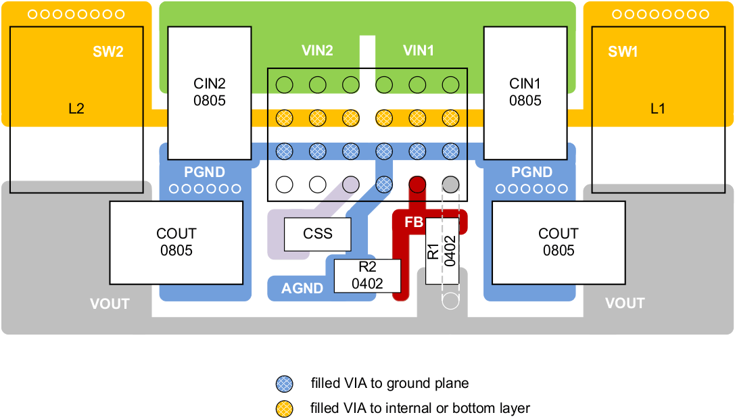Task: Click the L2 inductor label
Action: click(76, 108)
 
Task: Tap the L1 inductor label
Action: click(657, 108)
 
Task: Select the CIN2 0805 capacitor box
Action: click(209, 93)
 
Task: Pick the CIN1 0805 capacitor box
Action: click(525, 93)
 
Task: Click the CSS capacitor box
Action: click(318, 234)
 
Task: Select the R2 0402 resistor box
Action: click(368, 276)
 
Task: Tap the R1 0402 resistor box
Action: click(442, 251)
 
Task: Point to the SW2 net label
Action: click(108, 52)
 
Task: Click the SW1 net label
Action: click(623, 52)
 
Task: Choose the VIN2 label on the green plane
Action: click(317, 51)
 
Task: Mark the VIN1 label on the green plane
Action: click(418, 51)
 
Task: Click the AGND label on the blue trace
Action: click(302, 289)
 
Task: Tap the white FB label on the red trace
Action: click(413, 222)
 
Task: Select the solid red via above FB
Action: click(417, 184)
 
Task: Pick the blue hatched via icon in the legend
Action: click(285, 384)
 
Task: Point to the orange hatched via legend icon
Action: click(285, 408)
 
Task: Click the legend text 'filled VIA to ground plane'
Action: click(389, 384)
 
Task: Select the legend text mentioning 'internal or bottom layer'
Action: click(420, 408)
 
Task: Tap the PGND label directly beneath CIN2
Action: click(204, 172)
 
